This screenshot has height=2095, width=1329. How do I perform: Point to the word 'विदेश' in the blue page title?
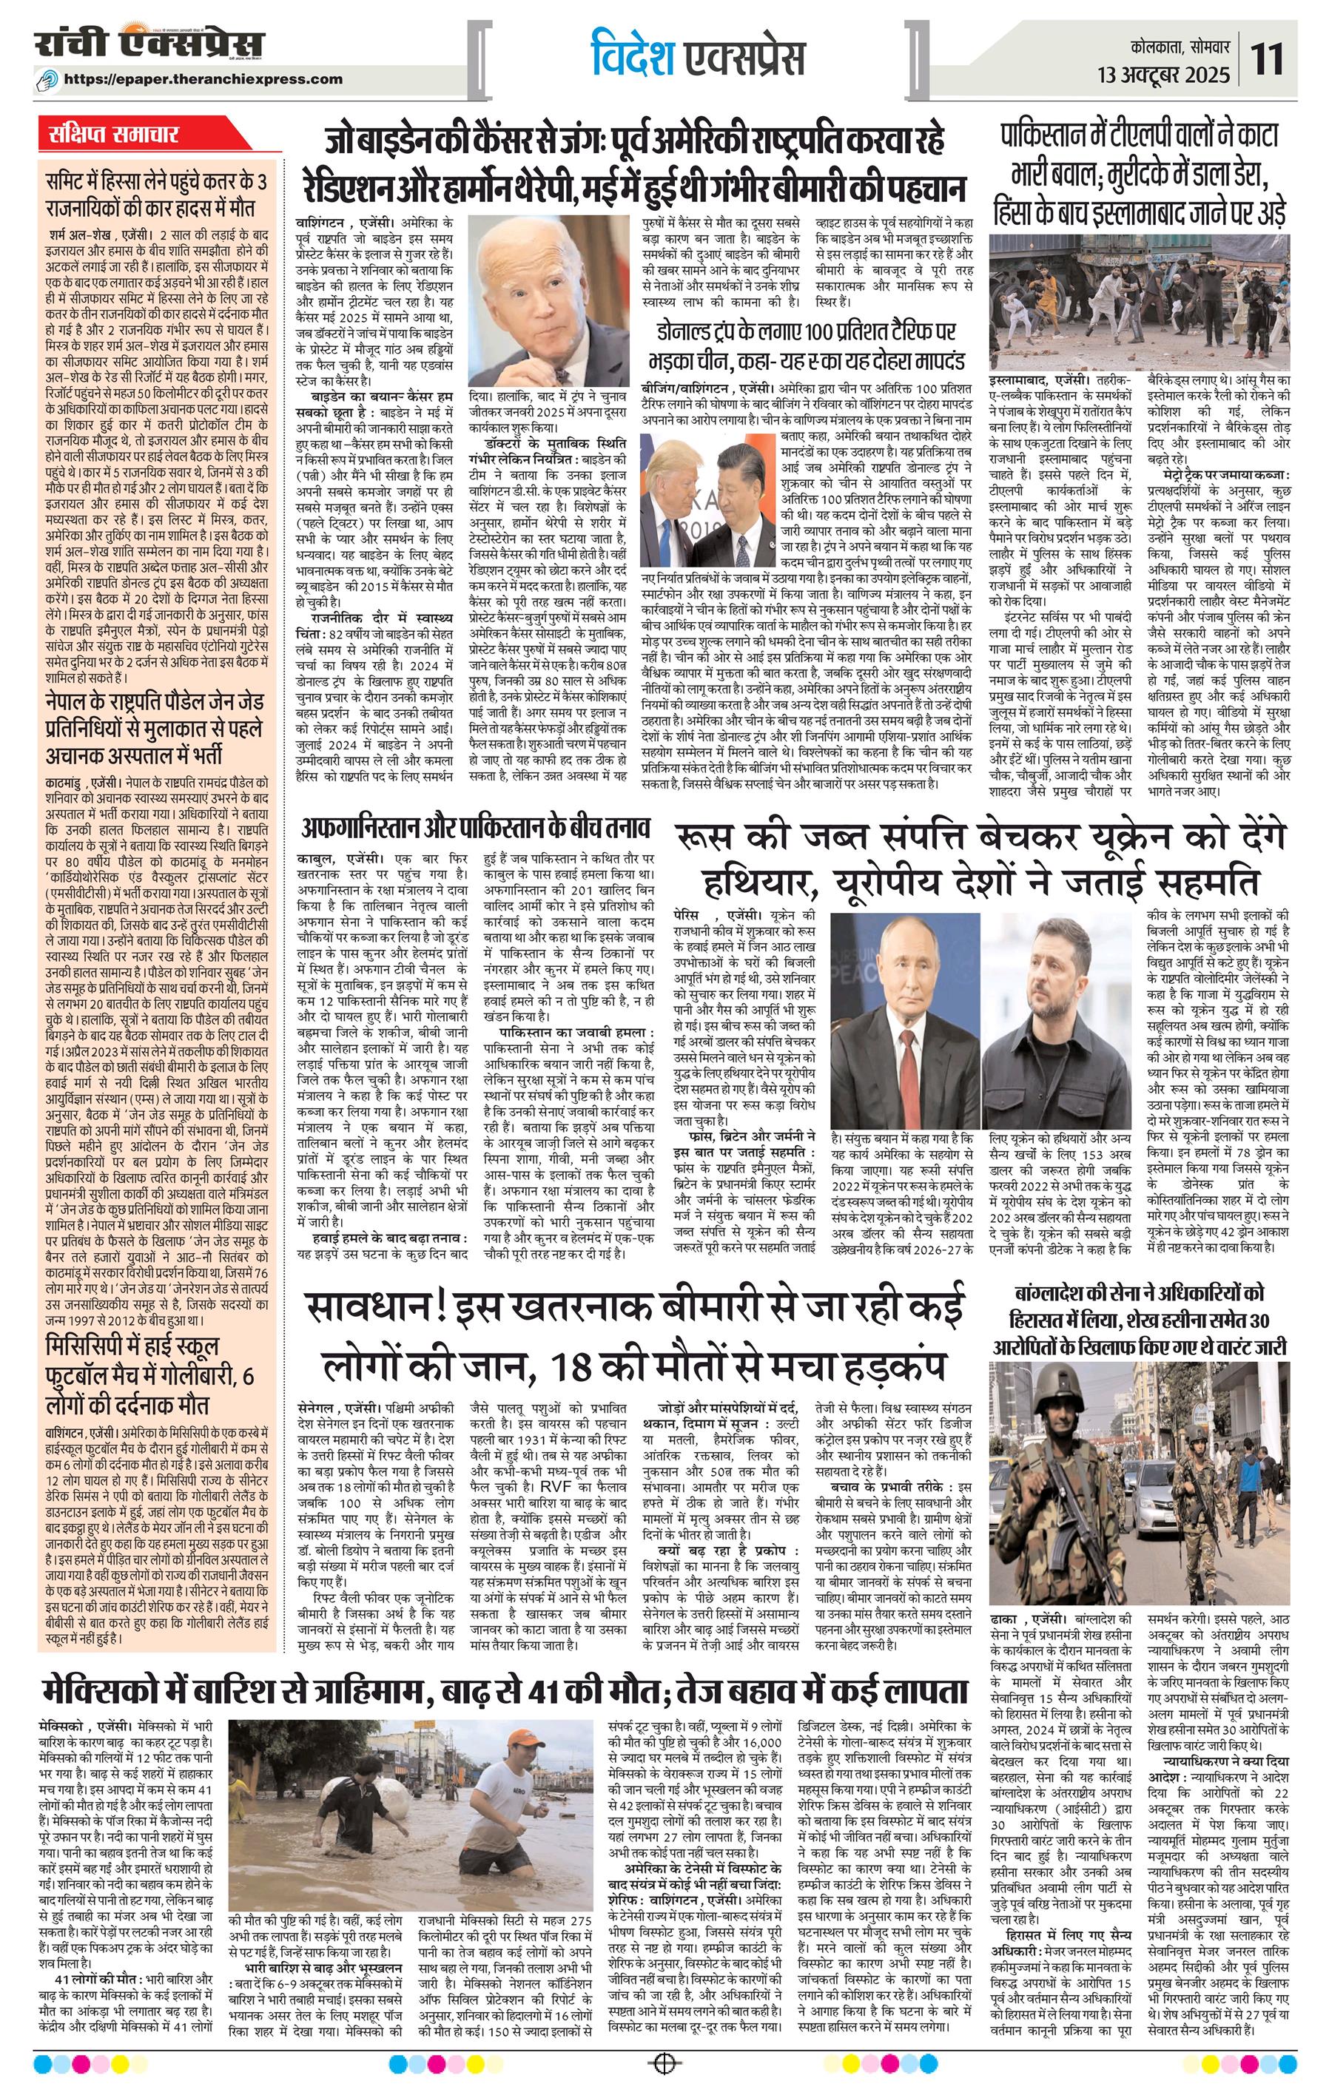pyautogui.click(x=629, y=55)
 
